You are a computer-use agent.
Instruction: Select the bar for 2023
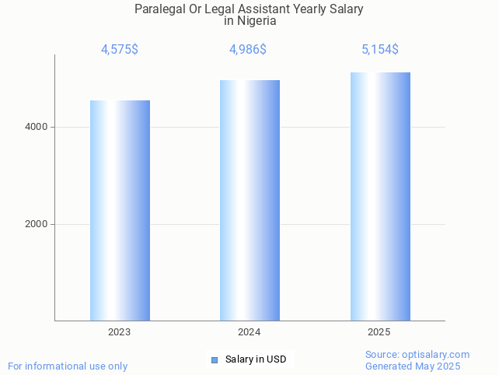[x=120, y=210]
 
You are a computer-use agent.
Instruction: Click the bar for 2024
[x=249, y=200]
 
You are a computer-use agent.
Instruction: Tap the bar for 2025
[x=380, y=196]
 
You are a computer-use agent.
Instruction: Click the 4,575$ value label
[x=120, y=50]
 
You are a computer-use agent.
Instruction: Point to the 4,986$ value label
[x=248, y=50]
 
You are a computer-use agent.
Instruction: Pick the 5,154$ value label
[x=380, y=50]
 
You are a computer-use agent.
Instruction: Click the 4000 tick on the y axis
[x=36, y=127]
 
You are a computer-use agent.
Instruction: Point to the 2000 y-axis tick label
[x=36, y=224]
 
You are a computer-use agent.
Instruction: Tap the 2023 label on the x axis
[x=120, y=332]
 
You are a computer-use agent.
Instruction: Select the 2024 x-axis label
[x=249, y=332]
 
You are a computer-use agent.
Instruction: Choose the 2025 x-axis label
[x=379, y=332]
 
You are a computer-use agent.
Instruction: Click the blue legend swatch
[x=215, y=359]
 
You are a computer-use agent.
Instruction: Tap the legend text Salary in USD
[x=256, y=359]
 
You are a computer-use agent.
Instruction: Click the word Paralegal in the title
[x=161, y=9]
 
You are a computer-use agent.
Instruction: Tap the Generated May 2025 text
[x=413, y=366]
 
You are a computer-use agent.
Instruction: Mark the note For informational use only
[x=68, y=366]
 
